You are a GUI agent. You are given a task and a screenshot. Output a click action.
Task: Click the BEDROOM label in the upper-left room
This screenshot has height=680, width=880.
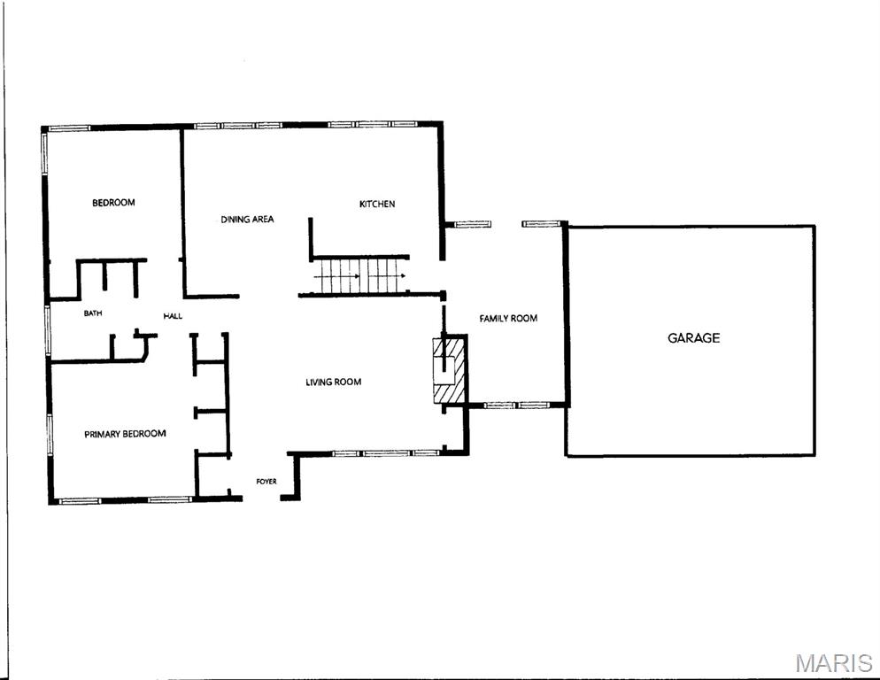point(113,202)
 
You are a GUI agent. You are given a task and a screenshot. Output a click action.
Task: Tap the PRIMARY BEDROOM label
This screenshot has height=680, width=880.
point(125,434)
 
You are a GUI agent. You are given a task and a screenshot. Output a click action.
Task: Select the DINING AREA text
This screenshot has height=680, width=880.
point(247,219)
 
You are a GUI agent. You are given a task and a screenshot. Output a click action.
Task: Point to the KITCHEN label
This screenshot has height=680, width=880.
point(377,204)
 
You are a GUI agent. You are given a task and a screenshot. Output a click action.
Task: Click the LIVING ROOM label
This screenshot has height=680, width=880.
point(334,382)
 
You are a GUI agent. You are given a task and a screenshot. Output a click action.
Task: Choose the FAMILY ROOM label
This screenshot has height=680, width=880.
point(508,319)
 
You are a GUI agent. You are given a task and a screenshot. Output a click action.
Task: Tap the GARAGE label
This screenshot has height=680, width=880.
point(694,337)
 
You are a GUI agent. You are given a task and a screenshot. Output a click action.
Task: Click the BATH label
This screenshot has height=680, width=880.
point(93,313)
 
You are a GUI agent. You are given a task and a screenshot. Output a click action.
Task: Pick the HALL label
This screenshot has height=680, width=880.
point(173,316)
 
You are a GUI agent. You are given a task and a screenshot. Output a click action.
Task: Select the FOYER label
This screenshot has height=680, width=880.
point(266,481)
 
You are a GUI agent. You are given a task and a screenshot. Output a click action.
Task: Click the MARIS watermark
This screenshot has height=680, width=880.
point(834,663)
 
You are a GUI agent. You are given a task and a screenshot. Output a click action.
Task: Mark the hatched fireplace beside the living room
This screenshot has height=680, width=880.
point(450,369)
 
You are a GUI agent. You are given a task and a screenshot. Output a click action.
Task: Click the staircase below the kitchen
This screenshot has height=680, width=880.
point(360,275)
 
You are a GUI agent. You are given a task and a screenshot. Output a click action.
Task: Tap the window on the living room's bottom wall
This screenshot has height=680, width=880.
point(386,452)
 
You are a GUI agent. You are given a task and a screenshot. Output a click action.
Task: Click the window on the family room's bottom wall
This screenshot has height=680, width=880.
point(516,405)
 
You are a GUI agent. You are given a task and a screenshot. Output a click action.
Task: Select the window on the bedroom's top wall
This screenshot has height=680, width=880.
point(68,128)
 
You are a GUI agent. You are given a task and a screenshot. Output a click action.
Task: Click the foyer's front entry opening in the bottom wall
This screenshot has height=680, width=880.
point(261,498)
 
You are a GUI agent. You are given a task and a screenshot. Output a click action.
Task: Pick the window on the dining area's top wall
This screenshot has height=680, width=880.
point(237,125)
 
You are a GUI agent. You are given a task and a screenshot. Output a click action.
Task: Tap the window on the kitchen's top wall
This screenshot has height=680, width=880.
point(371,124)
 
